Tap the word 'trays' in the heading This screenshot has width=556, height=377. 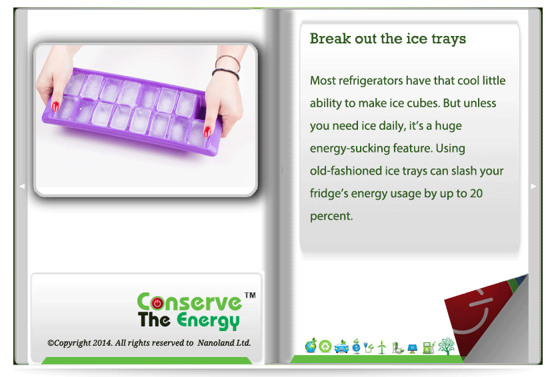pos(449,39)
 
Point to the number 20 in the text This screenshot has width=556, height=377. pos(476,193)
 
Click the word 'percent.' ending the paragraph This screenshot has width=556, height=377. pos(331,216)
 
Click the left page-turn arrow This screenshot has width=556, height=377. pos(22,187)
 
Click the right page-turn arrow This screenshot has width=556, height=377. pos(533,187)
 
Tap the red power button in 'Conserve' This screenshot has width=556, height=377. pos(157,303)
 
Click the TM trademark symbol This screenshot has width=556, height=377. pos(250,295)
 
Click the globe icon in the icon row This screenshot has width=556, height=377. pos(311,346)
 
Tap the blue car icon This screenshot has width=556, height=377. pos(341,347)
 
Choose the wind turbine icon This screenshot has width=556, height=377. pos(381,347)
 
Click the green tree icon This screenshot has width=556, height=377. pos(446,346)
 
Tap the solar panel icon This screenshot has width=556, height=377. pos(412,348)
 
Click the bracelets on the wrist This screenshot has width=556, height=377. pos(227,67)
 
